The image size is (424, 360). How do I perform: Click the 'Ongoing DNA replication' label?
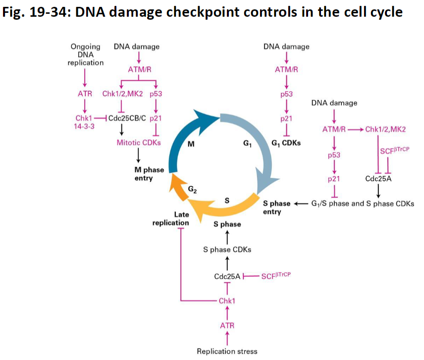[x=86, y=55]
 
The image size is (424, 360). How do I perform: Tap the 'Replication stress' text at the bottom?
[x=227, y=351]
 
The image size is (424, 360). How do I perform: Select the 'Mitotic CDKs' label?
[x=139, y=142]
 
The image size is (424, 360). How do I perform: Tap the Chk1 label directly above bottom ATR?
[x=227, y=300]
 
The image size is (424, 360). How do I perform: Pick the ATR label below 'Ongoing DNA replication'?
[x=85, y=94]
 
